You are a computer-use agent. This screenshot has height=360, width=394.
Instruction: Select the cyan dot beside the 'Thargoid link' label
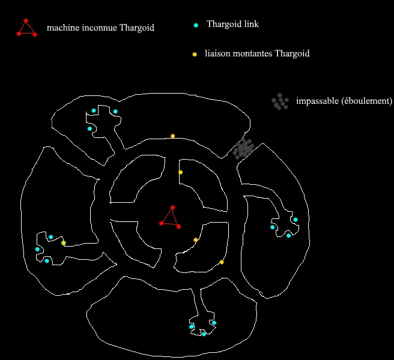tap(196, 25)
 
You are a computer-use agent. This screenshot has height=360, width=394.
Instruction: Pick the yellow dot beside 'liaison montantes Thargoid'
tap(195, 55)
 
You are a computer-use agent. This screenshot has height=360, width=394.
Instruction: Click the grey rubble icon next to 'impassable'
tap(280, 102)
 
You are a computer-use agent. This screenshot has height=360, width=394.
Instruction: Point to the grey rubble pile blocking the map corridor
tap(243, 148)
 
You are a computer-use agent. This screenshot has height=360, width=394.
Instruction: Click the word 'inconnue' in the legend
tap(99, 28)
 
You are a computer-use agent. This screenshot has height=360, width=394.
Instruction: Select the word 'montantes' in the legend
tap(253, 54)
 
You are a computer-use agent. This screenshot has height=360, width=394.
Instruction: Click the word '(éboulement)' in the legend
tap(366, 101)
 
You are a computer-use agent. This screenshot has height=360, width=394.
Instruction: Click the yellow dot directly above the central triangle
tap(180, 172)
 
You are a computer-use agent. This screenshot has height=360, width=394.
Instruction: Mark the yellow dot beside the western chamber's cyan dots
tap(64, 243)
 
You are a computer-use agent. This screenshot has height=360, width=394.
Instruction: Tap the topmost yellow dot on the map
tap(172, 136)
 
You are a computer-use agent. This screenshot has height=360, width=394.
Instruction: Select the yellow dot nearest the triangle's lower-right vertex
tap(196, 240)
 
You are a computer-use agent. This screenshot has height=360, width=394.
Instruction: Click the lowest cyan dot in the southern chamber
tap(204, 334)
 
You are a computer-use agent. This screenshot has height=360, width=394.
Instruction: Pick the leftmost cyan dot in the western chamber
tap(37, 249)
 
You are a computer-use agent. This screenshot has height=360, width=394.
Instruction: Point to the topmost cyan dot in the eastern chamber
tap(295, 220)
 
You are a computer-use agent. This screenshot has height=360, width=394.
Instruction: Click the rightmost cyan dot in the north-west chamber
tap(115, 112)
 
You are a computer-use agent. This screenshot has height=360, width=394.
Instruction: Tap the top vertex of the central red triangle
tap(172, 208)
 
